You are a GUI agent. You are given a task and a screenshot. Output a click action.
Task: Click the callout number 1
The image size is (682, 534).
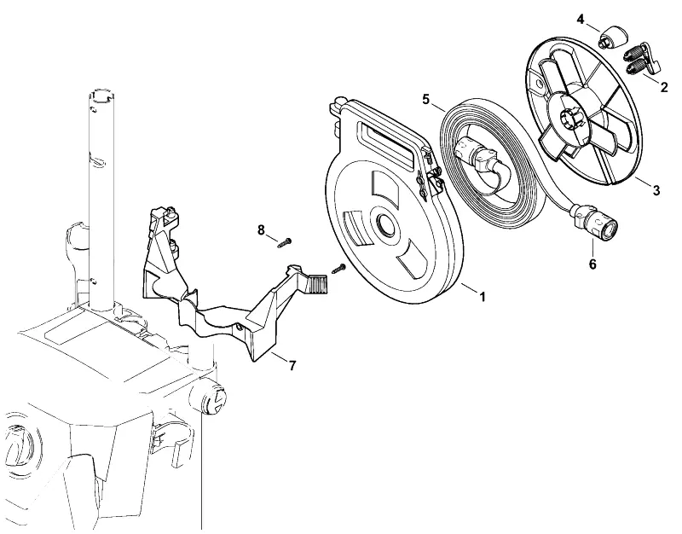(x=482, y=297)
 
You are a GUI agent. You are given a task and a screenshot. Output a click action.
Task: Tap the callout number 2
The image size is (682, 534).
(x=664, y=87)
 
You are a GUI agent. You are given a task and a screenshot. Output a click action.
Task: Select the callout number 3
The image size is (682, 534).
(x=656, y=190)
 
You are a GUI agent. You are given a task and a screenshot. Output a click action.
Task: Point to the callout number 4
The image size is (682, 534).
(x=581, y=19)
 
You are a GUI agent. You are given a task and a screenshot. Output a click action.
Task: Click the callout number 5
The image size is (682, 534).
(x=425, y=99)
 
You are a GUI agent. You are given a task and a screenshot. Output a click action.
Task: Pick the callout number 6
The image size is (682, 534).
(x=592, y=264)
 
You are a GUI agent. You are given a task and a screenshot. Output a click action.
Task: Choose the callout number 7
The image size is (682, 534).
(x=292, y=366)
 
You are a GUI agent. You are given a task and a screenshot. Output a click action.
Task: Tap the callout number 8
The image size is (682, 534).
(x=261, y=229)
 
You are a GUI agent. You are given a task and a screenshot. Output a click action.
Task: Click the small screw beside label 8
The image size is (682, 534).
(x=285, y=242)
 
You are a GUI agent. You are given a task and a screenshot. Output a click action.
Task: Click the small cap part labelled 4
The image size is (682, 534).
(x=611, y=37)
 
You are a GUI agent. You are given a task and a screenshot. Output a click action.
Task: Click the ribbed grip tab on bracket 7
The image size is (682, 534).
(x=317, y=283)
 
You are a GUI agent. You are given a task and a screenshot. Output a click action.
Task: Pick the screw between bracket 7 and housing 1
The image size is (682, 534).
(x=338, y=269)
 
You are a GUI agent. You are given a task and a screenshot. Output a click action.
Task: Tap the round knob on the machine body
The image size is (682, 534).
(x=208, y=398)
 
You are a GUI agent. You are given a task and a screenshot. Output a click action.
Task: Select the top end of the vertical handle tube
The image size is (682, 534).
(x=101, y=95)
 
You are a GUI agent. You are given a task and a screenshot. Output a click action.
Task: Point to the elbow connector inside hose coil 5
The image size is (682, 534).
(x=476, y=158)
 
